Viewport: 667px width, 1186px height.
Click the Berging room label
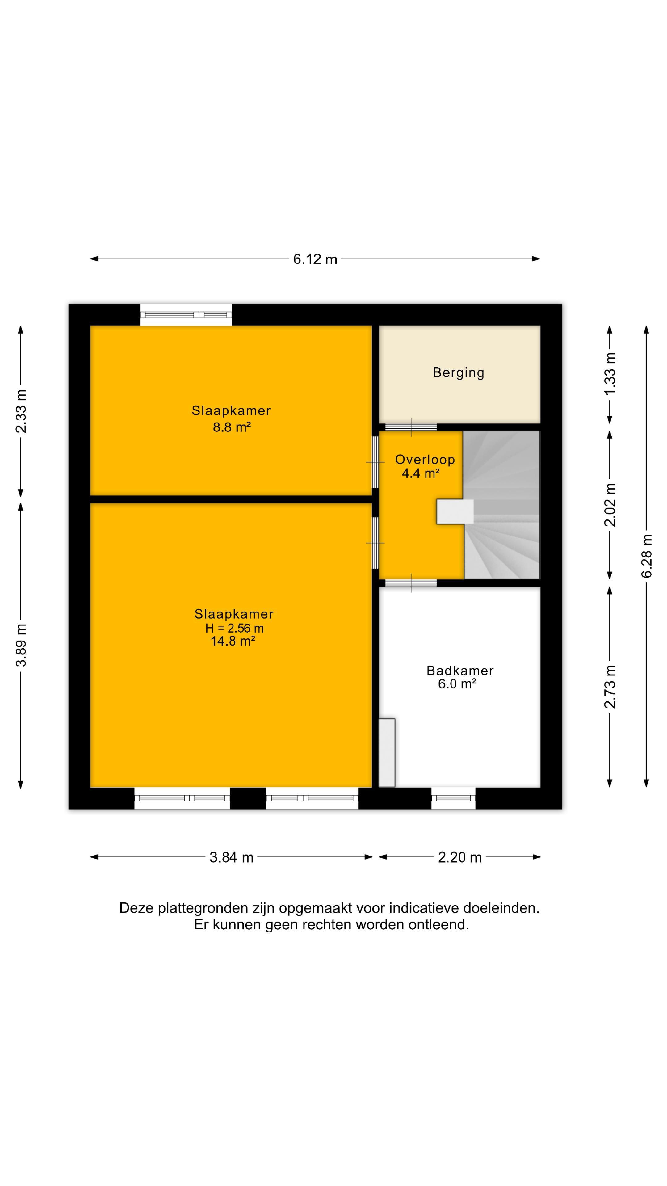(x=459, y=372)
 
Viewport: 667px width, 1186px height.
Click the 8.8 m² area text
(x=232, y=427)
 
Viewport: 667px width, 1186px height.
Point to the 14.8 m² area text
(x=233, y=641)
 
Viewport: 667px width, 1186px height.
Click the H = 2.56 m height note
(x=234, y=628)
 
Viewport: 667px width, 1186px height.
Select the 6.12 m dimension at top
(x=315, y=259)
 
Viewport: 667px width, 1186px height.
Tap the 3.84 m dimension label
(x=232, y=857)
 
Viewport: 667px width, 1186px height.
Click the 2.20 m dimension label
(x=460, y=857)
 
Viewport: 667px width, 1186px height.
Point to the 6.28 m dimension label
(x=647, y=556)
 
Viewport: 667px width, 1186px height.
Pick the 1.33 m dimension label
(x=610, y=374)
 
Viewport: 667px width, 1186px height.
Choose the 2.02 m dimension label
(x=610, y=505)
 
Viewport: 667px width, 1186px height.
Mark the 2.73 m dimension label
(x=610, y=687)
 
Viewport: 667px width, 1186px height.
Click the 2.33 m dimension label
(x=21, y=411)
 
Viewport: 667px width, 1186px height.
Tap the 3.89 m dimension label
(x=21, y=645)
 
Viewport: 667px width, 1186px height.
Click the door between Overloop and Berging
(x=411, y=427)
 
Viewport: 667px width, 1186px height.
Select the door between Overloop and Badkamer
(x=411, y=583)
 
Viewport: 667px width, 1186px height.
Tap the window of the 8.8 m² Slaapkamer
(x=186, y=315)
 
